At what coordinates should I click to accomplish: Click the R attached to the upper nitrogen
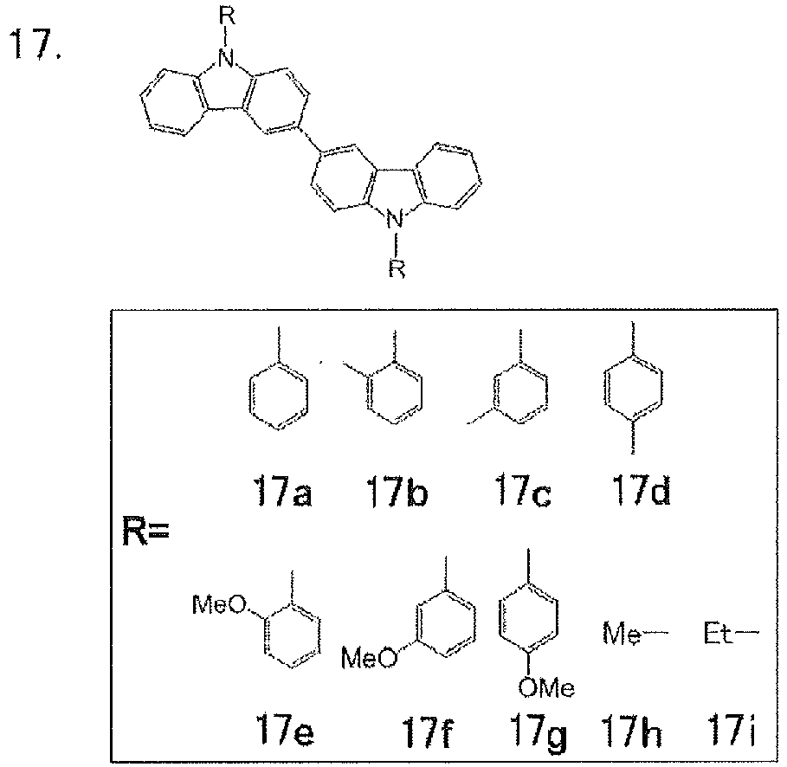click(227, 16)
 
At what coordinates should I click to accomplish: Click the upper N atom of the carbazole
click(227, 59)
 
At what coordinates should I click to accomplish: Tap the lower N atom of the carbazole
click(395, 219)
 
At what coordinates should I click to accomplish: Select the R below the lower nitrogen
click(397, 268)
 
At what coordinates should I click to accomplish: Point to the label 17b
click(397, 491)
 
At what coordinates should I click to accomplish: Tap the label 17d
click(641, 489)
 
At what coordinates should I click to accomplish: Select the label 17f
click(427, 731)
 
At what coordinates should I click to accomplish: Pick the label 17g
click(538, 732)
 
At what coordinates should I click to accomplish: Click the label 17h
click(631, 730)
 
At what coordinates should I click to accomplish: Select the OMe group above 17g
click(546, 687)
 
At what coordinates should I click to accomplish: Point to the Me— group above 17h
click(635, 633)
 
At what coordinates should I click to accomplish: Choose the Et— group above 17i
click(732, 633)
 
